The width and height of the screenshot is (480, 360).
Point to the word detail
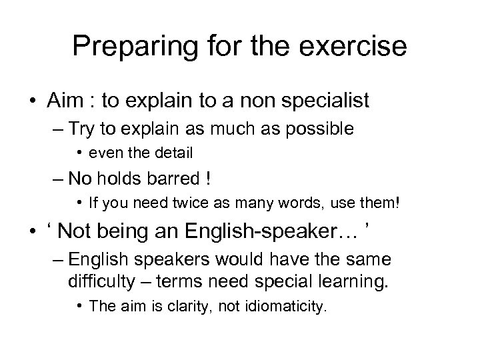[171, 153]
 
